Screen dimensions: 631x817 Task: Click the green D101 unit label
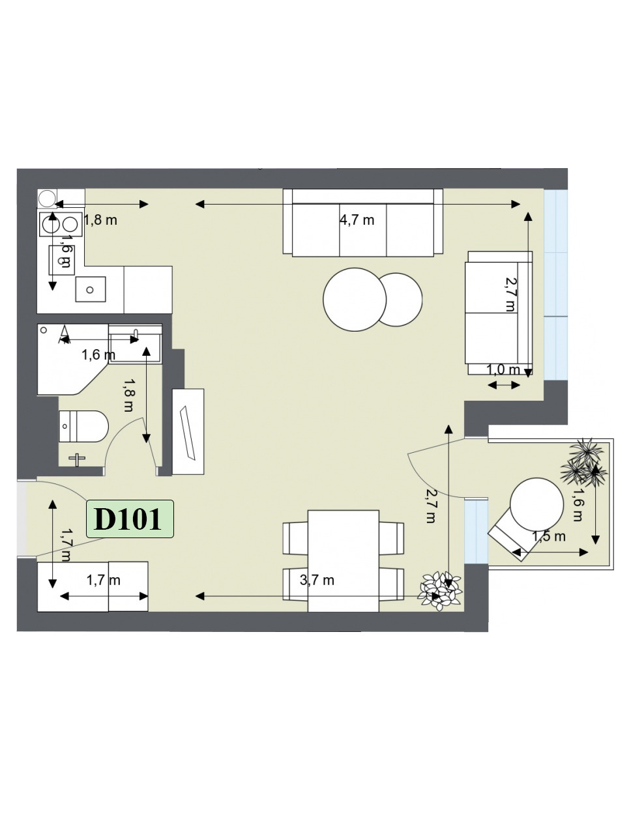point(130,519)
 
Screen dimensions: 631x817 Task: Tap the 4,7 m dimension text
point(357,220)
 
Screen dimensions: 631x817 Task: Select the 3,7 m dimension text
point(317,580)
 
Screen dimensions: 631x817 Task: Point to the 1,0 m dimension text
point(503,370)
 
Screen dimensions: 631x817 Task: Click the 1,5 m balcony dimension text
point(549,536)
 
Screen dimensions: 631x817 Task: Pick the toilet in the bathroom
point(83,426)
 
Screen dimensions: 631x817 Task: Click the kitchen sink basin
point(90,289)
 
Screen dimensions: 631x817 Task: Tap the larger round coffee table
point(355,299)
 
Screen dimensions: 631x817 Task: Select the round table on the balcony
point(536,504)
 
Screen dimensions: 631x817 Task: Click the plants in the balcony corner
point(583,463)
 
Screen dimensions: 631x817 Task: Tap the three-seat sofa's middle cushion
point(363,230)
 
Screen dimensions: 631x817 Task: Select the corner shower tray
point(73,359)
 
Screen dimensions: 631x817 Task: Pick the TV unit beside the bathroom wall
point(188,431)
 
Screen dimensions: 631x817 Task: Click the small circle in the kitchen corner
point(47,198)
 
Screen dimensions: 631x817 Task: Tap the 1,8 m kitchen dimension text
point(100,220)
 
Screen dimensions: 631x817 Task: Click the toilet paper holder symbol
point(77,459)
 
